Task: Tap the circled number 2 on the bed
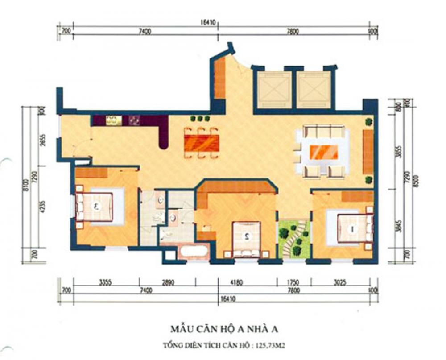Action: tap(245, 237)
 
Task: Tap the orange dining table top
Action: tap(202, 143)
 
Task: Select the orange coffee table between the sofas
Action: tap(324, 152)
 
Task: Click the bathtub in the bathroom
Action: tap(194, 251)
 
